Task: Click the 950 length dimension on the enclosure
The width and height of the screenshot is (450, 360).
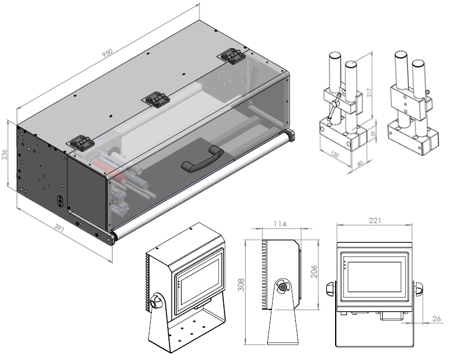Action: point(106,53)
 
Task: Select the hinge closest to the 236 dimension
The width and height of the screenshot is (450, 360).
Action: point(79,143)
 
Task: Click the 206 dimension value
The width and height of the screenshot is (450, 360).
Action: point(314,271)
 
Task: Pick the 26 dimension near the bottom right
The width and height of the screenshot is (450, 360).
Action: point(437,319)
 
